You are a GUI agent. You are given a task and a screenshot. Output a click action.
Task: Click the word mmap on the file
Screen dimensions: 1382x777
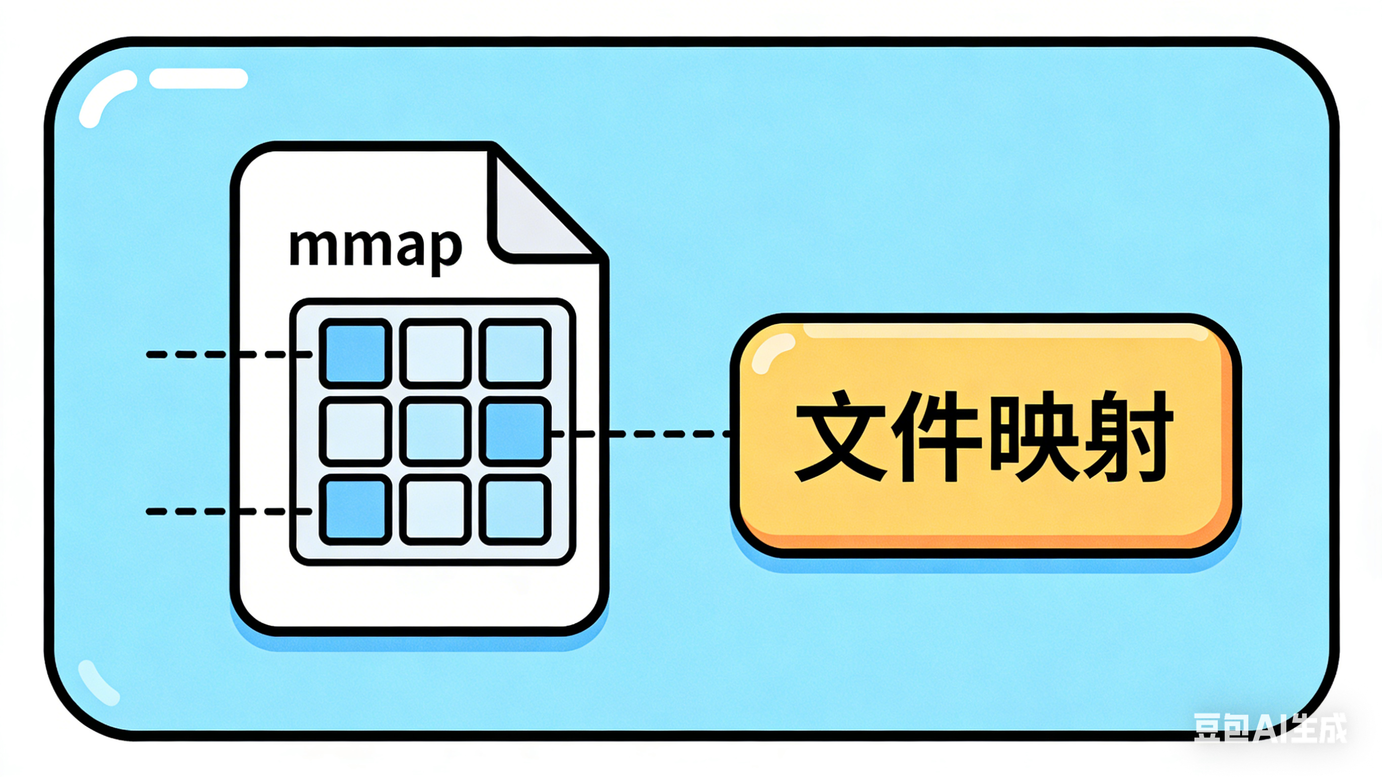coord(376,249)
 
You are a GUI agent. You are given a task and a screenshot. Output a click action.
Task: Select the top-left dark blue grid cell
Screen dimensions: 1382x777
coord(355,353)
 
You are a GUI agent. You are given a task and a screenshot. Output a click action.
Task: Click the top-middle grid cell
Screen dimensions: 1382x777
coord(435,353)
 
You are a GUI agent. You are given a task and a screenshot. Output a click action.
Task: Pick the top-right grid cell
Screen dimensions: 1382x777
coord(515,353)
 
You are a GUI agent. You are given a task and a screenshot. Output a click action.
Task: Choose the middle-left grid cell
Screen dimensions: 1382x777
coord(355,431)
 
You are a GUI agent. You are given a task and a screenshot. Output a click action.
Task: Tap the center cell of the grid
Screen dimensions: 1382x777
coord(435,431)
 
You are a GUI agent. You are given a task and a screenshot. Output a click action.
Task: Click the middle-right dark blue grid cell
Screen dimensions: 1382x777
coord(515,431)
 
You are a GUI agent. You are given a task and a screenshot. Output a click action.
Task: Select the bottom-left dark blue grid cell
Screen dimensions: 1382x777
coord(355,510)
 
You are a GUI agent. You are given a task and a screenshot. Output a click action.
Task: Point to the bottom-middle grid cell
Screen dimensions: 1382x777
coord(435,510)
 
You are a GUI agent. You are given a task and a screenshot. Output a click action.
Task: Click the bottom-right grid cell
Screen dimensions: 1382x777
coord(515,510)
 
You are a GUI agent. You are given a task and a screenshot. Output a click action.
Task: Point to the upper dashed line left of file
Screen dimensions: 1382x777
coord(193,354)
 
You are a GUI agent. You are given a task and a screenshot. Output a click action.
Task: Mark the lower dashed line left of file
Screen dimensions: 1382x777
coord(193,512)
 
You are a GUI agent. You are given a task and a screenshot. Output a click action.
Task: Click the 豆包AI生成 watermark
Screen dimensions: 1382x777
coord(1269,727)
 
